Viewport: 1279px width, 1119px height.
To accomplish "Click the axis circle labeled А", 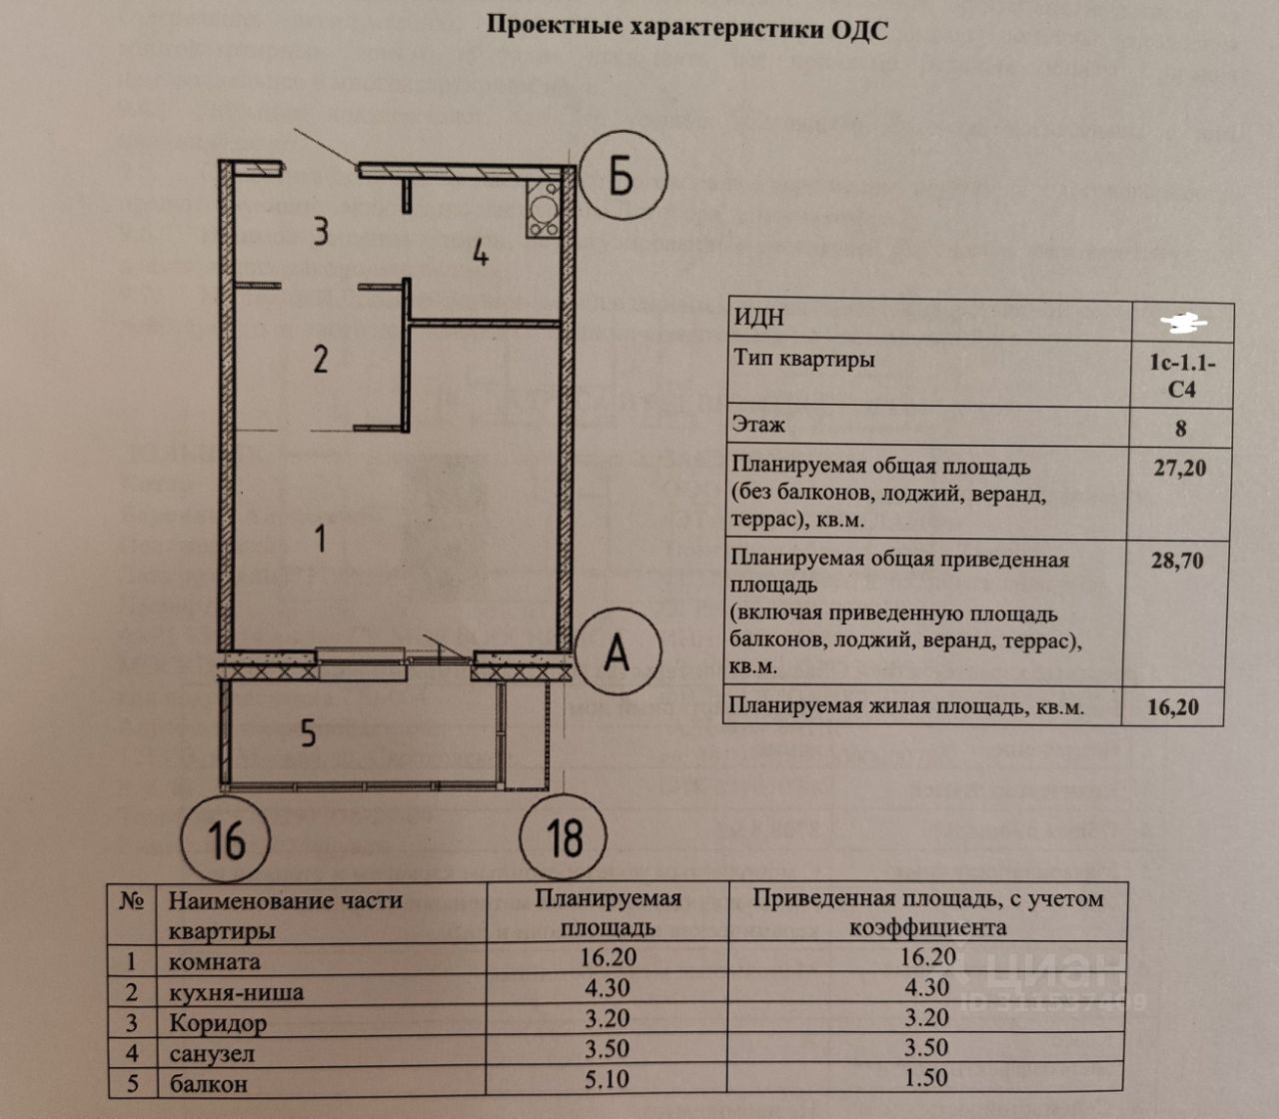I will point(618,653).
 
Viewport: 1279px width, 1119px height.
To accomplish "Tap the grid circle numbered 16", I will point(227,838).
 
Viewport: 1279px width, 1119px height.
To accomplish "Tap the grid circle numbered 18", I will point(564,837).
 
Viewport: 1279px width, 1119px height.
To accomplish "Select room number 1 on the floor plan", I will point(320,540).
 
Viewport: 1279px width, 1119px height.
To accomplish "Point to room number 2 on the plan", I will point(320,359).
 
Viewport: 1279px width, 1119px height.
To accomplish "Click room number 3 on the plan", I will point(320,232).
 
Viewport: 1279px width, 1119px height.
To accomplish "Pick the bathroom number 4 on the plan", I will point(481,253).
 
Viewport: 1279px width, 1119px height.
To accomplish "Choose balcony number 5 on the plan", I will point(308,733).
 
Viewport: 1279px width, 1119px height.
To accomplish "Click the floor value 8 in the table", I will point(1181,428).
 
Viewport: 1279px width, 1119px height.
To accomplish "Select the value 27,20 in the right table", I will point(1179,468).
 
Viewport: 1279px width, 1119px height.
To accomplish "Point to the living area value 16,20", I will point(1173,707).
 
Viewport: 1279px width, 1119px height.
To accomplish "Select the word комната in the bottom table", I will point(215,962).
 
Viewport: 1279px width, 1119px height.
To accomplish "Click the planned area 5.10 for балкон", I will point(608,1079).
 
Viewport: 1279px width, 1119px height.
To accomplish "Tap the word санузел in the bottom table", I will point(212,1053).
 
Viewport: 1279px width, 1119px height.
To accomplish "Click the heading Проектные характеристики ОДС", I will point(686,27).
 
